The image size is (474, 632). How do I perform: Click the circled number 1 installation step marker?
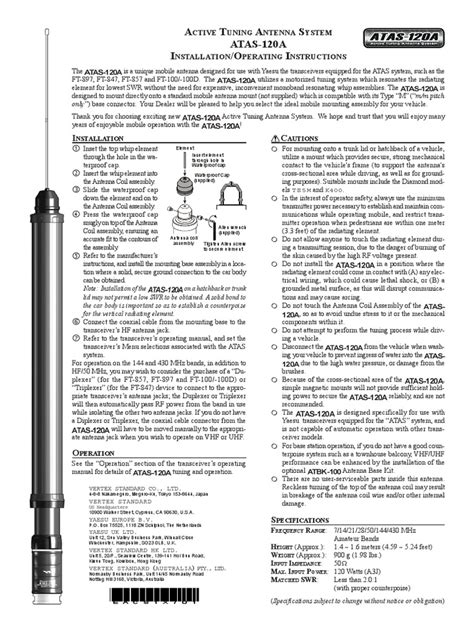coord(77,150)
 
